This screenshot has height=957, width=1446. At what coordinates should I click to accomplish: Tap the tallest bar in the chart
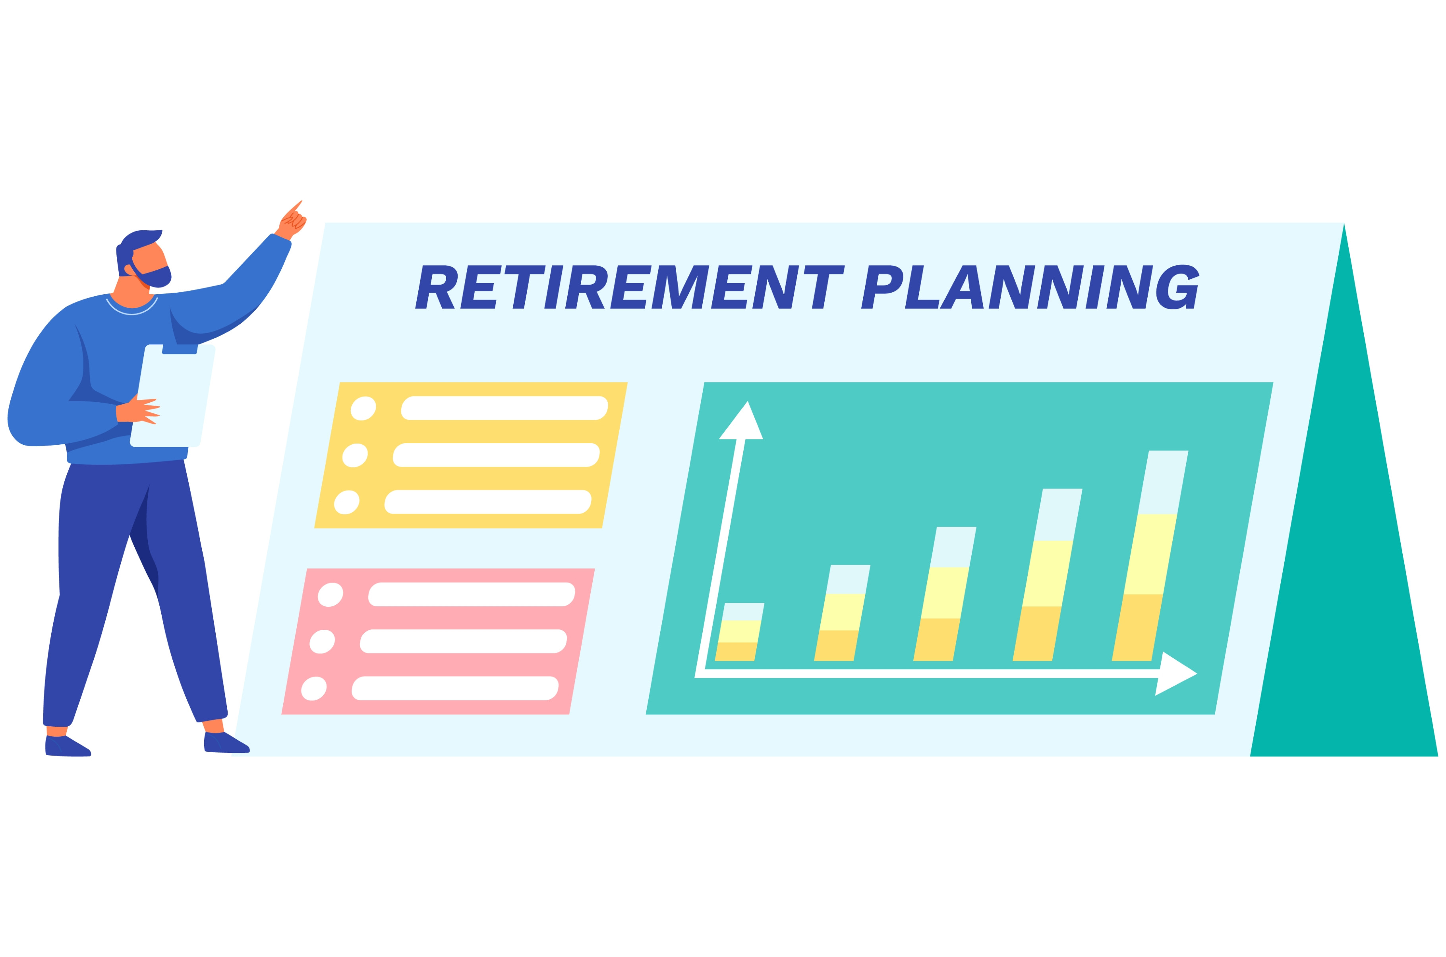pyautogui.click(x=1150, y=556)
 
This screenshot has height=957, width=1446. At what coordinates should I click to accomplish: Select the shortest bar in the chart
pyautogui.click(x=739, y=632)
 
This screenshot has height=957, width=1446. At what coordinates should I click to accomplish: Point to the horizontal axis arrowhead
pyautogui.click(x=1176, y=674)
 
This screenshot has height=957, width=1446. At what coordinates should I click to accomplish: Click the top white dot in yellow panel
pyautogui.click(x=363, y=408)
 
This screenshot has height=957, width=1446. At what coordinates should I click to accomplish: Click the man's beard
pyautogui.click(x=151, y=275)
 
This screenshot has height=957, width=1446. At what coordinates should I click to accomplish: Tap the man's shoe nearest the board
pyautogui.click(x=226, y=743)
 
